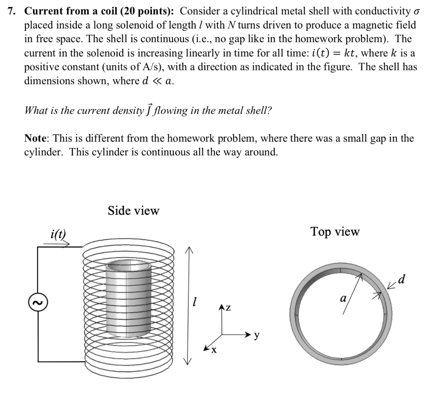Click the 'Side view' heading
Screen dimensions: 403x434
pyautogui.click(x=133, y=211)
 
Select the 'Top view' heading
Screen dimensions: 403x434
pyautogui.click(x=334, y=232)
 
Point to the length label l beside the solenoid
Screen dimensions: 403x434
pyautogui.click(x=194, y=302)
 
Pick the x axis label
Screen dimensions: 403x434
pyautogui.click(x=214, y=350)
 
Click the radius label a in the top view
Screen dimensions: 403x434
pyautogui.click(x=343, y=299)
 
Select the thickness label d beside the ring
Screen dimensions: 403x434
pyautogui.click(x=402, y=279)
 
